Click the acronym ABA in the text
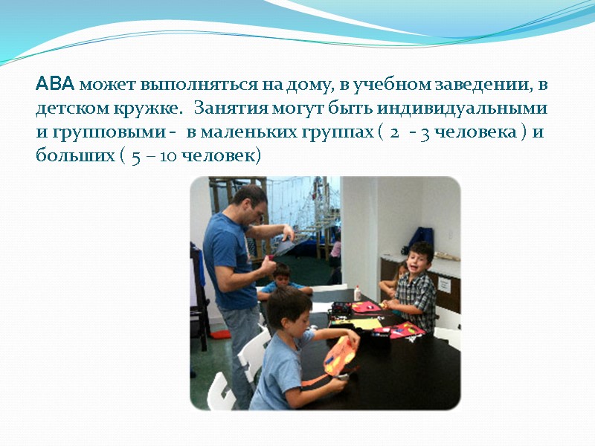click(x=56, y=85)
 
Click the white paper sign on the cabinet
click(x=444, y=285)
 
